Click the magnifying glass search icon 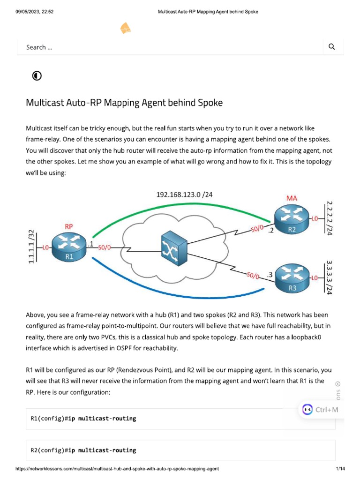tap(332, 46)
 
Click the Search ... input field tap(169, 47)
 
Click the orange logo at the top tap(125, 29)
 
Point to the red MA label tap(292, 198)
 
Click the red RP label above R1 tap(68, 226)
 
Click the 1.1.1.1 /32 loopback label tap(32, 247)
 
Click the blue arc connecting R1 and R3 tap(178, 295)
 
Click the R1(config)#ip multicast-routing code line tap(83, 419)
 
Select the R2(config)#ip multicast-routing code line tap(83, 450)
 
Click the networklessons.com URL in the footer tap(117, 469)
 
